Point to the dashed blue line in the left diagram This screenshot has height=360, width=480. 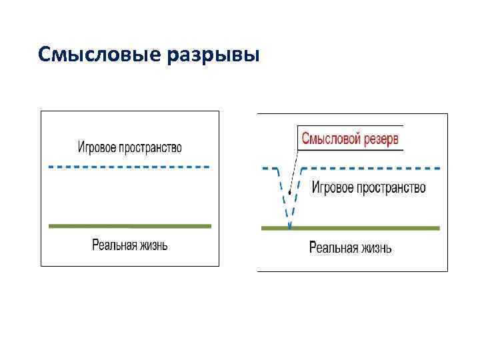pos(129,166)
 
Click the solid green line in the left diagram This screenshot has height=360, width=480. pos(129,226)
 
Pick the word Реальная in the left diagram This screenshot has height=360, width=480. pos(114,245)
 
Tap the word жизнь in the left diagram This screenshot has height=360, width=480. pos(154,245)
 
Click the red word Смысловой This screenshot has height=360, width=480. pos(331,139)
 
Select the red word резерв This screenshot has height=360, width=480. pos(382,139)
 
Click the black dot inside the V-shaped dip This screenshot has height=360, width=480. pos(289,194)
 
